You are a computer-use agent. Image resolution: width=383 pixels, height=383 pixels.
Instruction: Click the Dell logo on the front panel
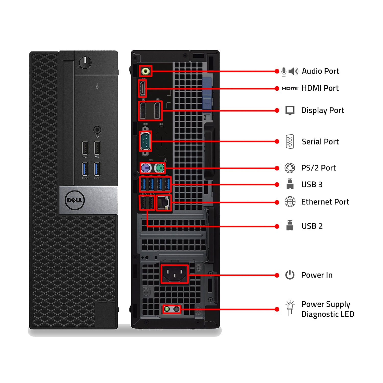(x=75, y=200)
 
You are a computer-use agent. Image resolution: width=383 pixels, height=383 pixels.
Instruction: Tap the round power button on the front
(x=85, y=62)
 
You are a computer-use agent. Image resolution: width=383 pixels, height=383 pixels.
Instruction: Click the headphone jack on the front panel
(x=97, y=130)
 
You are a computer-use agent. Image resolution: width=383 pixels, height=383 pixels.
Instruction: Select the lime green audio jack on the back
(x=146, y=71)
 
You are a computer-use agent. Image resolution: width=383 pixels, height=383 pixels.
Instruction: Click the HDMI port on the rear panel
(x=142, y=88)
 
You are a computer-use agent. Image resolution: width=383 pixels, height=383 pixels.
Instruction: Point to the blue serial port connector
(x=146, y=141)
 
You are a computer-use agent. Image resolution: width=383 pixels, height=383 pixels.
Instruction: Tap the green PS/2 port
(x=159, y=168)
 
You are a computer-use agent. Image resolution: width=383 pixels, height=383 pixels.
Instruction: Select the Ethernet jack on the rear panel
(x=163, y=203)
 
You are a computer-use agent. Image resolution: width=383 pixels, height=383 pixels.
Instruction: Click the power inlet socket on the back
(x=174, y=274)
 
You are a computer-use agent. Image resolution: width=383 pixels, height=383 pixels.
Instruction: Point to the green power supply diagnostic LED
(x=167, y=309)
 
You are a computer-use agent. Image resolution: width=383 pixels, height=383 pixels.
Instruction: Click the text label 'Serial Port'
(x=320, y=142)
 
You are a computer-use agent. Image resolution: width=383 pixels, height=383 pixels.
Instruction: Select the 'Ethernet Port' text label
(x=325, y=202)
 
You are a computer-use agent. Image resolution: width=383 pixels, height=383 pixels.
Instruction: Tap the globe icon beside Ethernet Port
(x=290, y=202)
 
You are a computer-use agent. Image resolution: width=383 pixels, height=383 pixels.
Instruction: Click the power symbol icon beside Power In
(x=290, y=275)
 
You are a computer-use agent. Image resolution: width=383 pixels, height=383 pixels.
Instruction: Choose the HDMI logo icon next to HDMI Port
(x=290, y=88)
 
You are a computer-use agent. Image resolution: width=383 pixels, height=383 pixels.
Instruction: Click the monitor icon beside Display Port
(x=290, y=111)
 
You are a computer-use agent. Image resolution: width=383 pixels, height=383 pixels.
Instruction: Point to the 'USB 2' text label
(x=312, y=226)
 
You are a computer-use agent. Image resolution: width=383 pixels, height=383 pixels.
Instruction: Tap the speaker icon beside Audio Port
(x=293, y=71)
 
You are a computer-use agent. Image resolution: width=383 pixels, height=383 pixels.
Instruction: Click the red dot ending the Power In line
(x=277, y=275)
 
